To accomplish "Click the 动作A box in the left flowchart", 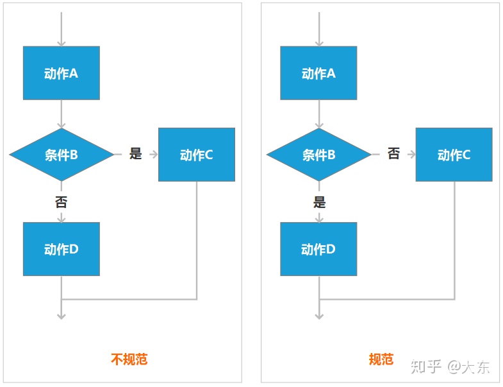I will [x=62, y=73].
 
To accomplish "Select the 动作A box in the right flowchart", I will [x=318, y=73].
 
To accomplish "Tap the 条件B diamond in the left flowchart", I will [x=62, y=155].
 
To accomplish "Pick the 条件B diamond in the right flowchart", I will [x=318, y=155].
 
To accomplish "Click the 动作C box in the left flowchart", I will [x=196, y=155].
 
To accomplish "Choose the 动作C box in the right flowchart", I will [x=454, y=155].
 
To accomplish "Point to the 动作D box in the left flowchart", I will [x=62, y=249].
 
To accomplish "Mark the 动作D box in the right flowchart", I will [x=318, y=249].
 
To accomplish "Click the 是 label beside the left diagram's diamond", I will [x=135, y=154].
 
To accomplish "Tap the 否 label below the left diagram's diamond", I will [x=62, y=202].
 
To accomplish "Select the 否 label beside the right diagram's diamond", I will [x=393, y=154].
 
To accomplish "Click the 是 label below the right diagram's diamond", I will [x=319, y=202].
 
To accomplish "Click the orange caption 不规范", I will [x=129, y=359].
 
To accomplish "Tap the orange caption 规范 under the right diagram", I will [x=381, y=359].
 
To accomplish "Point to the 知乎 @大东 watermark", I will [x=450, y=366].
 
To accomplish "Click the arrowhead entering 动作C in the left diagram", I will [x=154, y=155].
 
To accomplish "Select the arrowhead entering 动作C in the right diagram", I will [x=411, y=155].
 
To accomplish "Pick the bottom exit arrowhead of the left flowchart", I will [x=62, y=315].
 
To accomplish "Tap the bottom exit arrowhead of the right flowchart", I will [x=319, y=315].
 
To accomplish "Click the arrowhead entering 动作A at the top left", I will [x=62, y=43].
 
